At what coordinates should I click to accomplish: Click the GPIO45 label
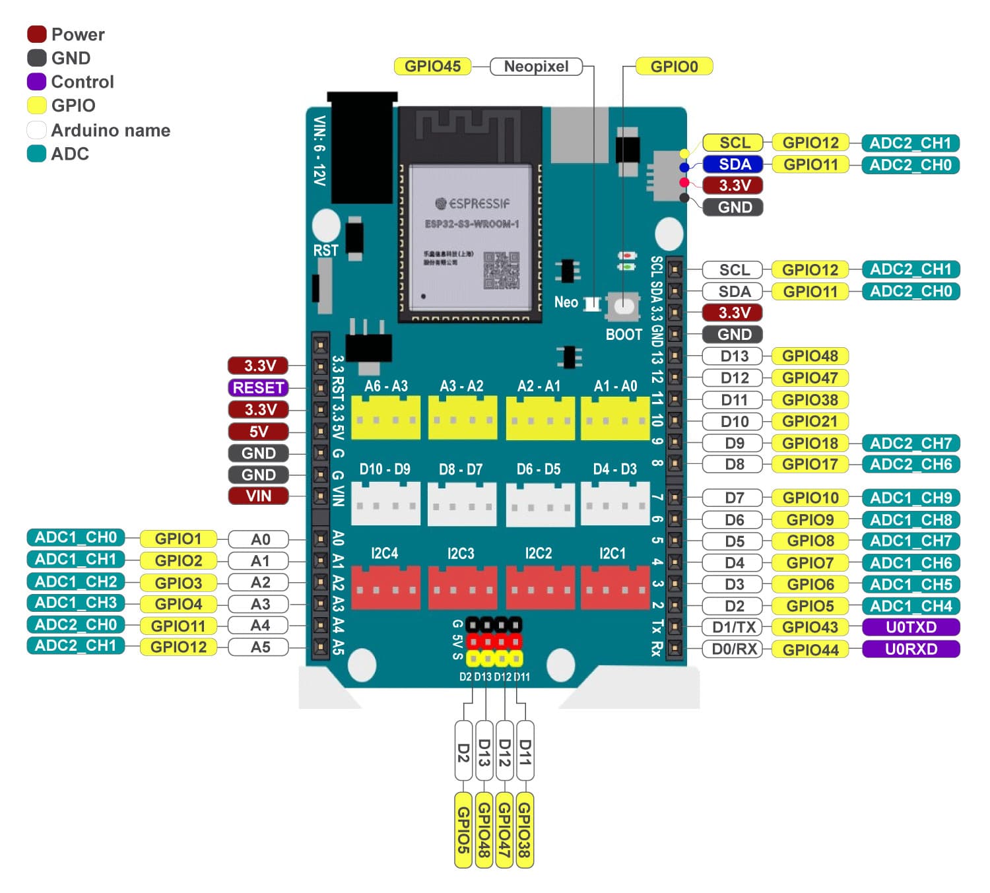(x=432, y=66)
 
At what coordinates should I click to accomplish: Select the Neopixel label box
(x=536, y=66)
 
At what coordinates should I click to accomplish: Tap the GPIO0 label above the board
(x=674, y=66)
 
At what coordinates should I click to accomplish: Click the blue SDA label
(x=735, y=164)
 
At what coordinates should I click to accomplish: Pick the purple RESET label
(x=258, y=387)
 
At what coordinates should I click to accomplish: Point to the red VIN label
(x=258, y=496)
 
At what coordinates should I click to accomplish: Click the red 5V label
(x=258, y=432)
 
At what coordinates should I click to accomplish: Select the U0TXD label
(x=911, y=627)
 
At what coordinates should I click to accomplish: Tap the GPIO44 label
(x=810, y=649)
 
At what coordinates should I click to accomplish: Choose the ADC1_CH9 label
(x=911, y=498)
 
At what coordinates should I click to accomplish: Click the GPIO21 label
(x=810, y=421)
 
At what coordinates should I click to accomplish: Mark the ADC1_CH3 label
(x=76, y=603)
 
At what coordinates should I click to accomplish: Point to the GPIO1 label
(x=178, y=539)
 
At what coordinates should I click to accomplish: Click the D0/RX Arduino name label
(x=734, y=649)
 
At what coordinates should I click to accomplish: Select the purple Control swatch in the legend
(x=36, y=82)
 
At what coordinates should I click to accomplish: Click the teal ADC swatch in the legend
(x=36, y=154)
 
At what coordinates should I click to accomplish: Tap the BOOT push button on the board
(x=624, y=306)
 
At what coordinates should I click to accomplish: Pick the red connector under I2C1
(x=614, y=587)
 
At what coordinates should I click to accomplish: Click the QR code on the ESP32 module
(x=501, y=270)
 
